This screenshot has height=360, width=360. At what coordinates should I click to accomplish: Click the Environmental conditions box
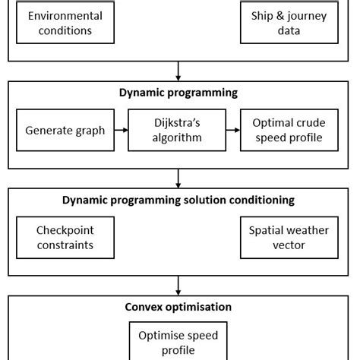pyautogui.click(x=65, y=23)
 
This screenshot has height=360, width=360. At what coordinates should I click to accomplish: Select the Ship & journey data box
pyautogui.click(x=289, y=23)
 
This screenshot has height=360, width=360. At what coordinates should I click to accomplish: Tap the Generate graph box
pyautogui.click(x=65, y=130)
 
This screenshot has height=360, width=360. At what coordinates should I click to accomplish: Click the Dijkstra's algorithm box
pyautogui.click(x=178, y=130)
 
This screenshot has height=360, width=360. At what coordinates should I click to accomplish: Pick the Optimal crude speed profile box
pyautogui.click(x=289, y=130)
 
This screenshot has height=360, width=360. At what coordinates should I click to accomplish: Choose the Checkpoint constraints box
pyautogui.click(x=65, y=237)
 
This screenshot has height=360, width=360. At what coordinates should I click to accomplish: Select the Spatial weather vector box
pyautogui.click(x=289, y=237)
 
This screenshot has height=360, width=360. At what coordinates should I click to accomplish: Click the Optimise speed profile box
pyautogui.click(x=178, y=341)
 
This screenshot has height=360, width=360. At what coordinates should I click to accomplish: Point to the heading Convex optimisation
pyautogui.click(x=178, y=307)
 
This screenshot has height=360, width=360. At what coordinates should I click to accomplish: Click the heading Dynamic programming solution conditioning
pyautogui.click(x=178, y=200)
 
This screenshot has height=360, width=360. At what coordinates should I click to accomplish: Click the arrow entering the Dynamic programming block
pyautogui.click(x=178, y=71)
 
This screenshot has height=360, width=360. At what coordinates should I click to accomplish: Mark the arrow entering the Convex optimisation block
pyautogui.click(x=178, y=286)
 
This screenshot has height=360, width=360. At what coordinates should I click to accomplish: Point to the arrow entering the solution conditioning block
pyautogui.click(x=178, y=178)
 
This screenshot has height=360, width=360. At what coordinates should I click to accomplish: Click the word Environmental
pyautogui.click(x=65, y=15)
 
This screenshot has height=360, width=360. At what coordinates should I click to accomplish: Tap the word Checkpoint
pyautogui.click(x=65, y=229)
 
